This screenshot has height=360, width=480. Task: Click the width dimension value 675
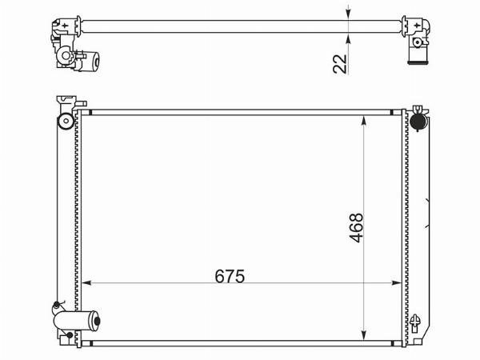click(x=230, y=276)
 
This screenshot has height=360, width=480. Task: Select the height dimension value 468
click(x=356, y=228)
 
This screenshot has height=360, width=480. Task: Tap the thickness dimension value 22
click(x=340, y=64)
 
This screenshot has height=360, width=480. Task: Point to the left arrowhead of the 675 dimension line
click(x=87, y=283)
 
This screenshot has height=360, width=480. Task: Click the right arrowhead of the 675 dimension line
click(x=397, y=283)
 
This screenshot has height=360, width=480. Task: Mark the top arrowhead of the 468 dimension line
click(x=363, y=121)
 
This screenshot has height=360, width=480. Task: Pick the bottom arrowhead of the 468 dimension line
click(x=363, y=335)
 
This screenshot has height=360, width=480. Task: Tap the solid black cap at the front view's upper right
click(x=418, y=122)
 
